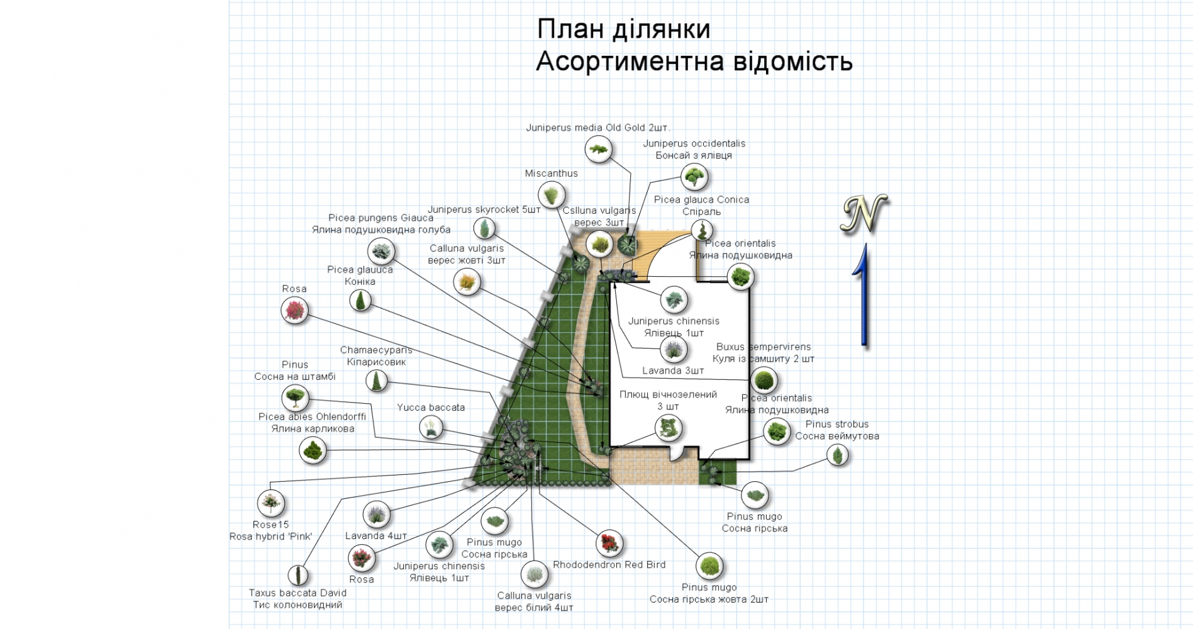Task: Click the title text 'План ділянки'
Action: coord(623,30)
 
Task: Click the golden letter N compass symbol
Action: coord(864,214)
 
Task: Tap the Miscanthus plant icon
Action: coord(552,195)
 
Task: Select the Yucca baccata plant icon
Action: coord(431,428)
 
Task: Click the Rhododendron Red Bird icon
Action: coord(609,543)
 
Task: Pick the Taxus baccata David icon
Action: coord(298,575)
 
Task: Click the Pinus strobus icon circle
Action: coord(837,454)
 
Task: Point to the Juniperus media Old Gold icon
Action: coord(598,150)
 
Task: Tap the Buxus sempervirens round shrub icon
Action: coord(763,381)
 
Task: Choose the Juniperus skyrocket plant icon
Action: coord(484,228)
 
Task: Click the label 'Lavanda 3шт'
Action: coord(673,370)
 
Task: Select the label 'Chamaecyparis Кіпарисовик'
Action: coord(376,356)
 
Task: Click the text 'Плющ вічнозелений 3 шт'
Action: coord(668,400)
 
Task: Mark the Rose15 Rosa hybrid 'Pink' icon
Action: coord(271,503)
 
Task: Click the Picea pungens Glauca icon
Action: coord(380,252)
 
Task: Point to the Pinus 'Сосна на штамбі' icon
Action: coord(294,398)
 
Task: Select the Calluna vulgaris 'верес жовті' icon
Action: coord(467,282)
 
